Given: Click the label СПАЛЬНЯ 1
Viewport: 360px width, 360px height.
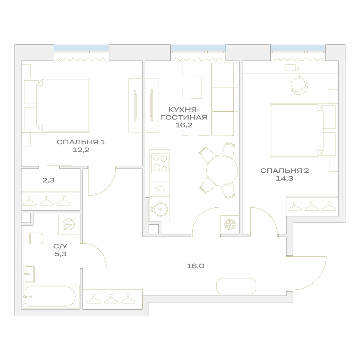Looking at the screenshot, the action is (x=81, y=142).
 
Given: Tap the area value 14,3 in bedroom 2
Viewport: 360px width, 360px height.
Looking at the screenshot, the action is (x=284, y=179).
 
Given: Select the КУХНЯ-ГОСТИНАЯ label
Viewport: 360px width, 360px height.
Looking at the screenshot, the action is (x=184, y=113).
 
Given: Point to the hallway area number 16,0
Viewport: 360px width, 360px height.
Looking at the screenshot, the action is (x=195, y=266).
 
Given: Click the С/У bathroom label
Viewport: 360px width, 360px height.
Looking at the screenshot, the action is (x=60, y=246).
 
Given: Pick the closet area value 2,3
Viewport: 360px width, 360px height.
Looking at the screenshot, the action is (x=48, y=180).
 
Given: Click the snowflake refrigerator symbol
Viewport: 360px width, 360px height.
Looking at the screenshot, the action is (x=229, y=225).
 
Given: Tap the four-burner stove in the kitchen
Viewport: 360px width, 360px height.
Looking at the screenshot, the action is (x=160, y=163).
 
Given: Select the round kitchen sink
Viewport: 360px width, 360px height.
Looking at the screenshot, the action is (x=160, y=209).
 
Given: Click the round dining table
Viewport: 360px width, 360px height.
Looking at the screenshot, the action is (x=222, y=171).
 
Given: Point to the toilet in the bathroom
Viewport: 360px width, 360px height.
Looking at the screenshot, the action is (x=33, y=238).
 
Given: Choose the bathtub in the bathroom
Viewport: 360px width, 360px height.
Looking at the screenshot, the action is (x=50, y=296).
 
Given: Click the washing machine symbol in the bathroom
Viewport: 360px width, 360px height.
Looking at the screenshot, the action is (x=69, y=224).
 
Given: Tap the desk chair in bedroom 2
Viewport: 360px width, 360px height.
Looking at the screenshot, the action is (x=299, y=85).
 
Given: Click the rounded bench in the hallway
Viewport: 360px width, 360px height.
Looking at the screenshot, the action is (x=236, y=286).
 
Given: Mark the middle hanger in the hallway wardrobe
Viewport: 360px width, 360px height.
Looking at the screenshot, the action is (x=111, y=298).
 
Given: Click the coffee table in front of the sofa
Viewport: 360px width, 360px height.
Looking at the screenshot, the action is (x=196, y=88).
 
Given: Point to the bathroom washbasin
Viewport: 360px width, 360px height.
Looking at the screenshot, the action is (x=30, y=274).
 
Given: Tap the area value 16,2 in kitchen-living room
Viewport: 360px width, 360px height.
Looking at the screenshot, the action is (x=184, y=125).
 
